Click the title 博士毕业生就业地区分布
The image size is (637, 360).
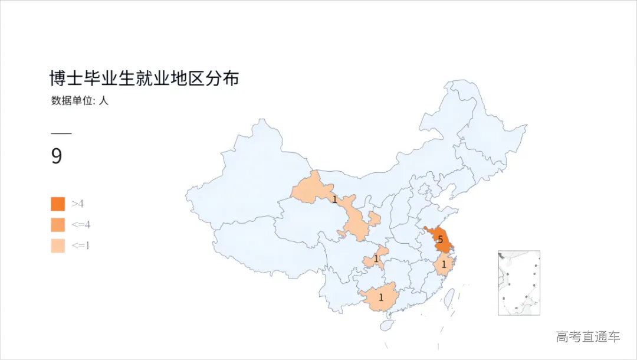pos(144,78)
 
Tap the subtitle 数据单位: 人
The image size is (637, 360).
pos(80,100)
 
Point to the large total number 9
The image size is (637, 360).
pos(57,156)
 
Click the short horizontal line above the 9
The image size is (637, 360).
pos(61,134)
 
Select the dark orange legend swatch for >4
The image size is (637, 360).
pos(58,204)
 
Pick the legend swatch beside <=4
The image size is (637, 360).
pos(58,225)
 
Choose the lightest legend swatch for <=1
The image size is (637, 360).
pos(58,246)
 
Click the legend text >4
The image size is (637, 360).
pos(77,204)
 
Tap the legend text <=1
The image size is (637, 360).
pos(80,246)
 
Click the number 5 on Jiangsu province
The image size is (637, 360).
pos(440,240)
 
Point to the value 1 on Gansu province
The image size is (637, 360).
pos(334,199)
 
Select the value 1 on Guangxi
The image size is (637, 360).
pos(380,297)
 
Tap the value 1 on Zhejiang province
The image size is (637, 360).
pos(444,265)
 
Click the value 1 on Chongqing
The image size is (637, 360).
pos(376,258)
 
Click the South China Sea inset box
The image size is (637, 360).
pos(518,283)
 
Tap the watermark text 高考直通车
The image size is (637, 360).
pos(587,337)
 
